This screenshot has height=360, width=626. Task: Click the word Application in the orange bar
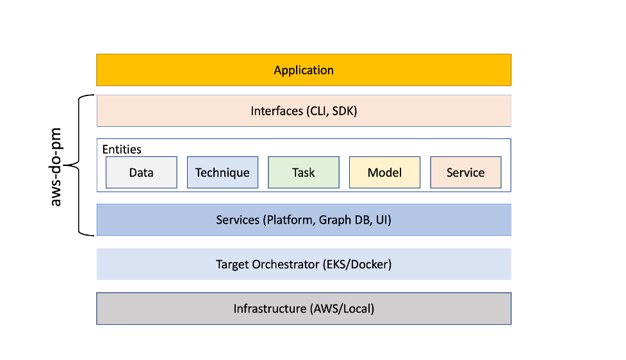304,70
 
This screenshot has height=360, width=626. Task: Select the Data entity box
141,172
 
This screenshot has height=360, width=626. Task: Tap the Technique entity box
222,172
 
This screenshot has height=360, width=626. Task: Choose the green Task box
304,172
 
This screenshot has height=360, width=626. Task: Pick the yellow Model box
384,172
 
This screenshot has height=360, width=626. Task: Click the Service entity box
465,172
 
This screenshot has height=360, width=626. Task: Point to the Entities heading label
122,149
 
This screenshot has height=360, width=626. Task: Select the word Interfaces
276,111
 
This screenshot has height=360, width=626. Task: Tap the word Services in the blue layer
238,220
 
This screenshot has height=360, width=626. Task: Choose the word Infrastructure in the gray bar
270,309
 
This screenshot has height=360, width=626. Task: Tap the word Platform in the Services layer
288,220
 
